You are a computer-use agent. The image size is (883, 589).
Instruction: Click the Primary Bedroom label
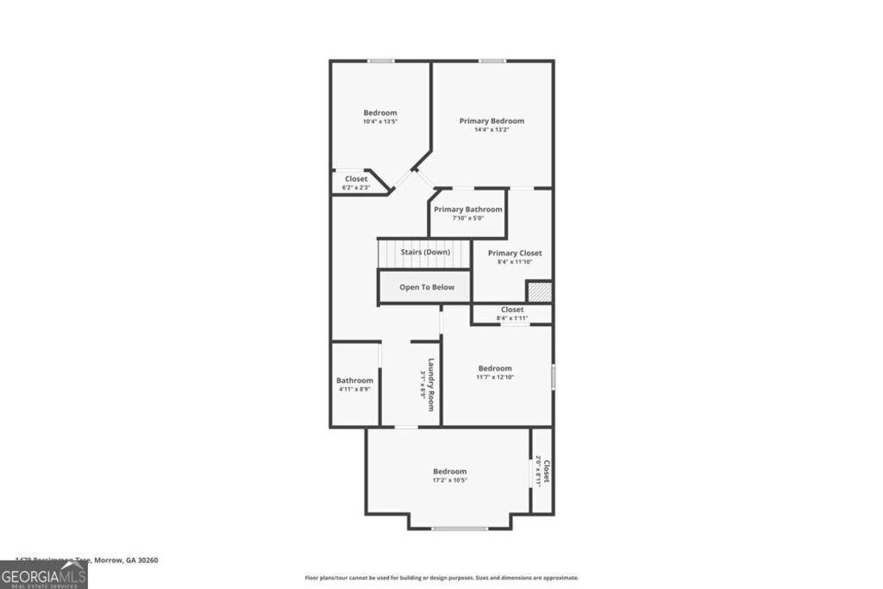point(492,121)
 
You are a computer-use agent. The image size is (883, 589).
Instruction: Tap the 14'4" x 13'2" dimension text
point(492,130)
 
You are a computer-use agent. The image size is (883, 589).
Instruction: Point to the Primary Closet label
point(515,253)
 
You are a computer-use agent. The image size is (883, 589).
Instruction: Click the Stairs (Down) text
point(425,252)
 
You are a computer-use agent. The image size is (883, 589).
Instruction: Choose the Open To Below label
point(425,287)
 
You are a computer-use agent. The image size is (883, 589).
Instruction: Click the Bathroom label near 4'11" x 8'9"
point(354,380)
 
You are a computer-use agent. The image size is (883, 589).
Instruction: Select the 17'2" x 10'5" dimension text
point(449,480)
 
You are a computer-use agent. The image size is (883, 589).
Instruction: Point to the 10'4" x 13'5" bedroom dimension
point(379,122)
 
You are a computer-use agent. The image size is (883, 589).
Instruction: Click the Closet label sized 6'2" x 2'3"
point(356,179)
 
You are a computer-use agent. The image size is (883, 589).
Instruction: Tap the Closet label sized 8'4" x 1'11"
point(512,309)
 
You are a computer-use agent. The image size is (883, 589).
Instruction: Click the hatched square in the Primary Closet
point(539,291)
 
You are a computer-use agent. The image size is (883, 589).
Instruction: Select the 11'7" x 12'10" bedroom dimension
point(495,377)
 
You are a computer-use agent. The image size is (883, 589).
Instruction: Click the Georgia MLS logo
point(43,574)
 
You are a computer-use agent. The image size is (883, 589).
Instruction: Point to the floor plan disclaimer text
point(441,578)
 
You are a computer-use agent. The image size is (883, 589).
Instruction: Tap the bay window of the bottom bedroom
point(460,528)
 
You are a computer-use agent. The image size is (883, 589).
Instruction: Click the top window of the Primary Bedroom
point(492,60)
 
